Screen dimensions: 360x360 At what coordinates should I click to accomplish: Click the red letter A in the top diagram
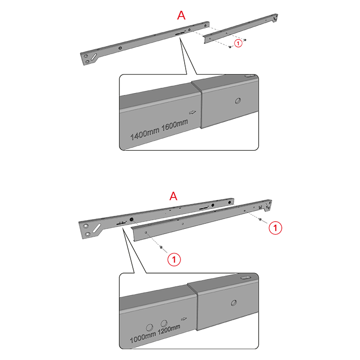point(181,15)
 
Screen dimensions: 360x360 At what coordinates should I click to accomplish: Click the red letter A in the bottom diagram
point(173,196)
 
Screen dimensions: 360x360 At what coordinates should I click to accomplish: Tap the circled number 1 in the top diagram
point(238,43)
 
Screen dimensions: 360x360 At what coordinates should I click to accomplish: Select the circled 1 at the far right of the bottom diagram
point(275,228)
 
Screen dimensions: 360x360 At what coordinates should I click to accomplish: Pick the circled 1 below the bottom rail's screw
point(174,259)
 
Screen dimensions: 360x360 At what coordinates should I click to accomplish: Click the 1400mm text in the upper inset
point(145,133)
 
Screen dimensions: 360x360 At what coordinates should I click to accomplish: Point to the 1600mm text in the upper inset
point(175,125)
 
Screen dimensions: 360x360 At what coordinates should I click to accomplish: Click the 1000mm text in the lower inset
point(143,337)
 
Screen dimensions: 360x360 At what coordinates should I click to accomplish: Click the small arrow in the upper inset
point(192,113)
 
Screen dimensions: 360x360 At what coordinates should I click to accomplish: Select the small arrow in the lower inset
point(184,319)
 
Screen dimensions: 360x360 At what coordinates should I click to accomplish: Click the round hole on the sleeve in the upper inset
point(238,101)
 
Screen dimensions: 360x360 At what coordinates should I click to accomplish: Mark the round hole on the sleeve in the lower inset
point(233,303)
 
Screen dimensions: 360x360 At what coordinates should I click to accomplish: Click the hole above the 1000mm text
point(150,328)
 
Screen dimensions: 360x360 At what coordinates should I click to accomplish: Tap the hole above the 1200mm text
point(164,323)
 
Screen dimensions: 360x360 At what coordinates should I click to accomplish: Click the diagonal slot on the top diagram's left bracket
point(94,57)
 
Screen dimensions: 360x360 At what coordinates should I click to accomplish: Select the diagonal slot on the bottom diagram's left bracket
point(97,228)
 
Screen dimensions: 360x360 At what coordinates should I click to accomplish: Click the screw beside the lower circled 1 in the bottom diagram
point(161,247)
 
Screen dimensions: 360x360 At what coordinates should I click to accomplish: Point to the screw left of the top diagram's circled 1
point(230,47)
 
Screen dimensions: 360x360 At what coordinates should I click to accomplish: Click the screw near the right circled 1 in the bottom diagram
point(260,219)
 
